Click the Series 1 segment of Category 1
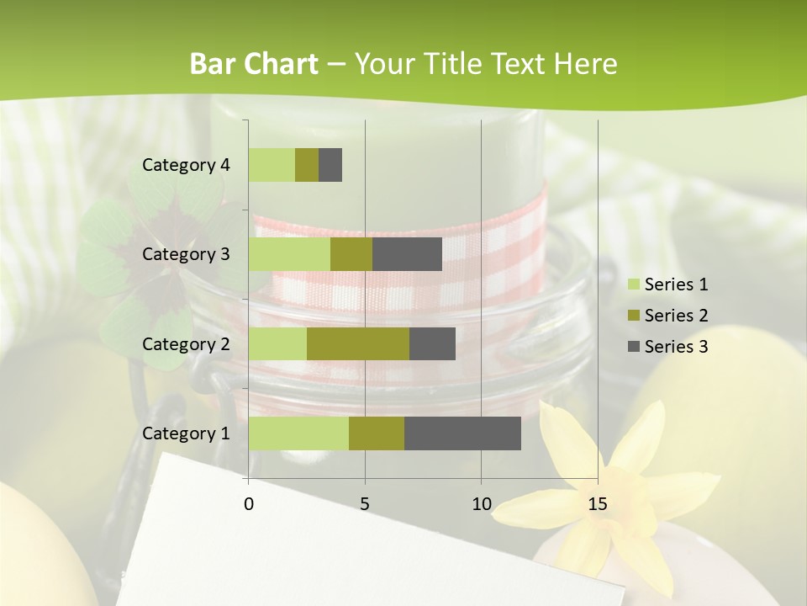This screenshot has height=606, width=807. pos(298,433)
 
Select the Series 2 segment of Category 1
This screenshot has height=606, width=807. pos(377,433)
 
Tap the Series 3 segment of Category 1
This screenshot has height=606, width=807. pos(462,433)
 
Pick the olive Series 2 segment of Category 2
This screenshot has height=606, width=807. pos(358,343)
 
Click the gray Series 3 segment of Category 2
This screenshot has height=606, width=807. pos(432,343)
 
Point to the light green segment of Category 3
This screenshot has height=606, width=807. pos(289,254)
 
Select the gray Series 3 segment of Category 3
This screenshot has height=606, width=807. pos(407,254)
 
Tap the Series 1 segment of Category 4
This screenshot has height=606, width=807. pos(272,165)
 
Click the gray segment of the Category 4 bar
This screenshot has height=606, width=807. pos(330,165)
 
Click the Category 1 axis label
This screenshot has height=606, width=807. pos(186,433)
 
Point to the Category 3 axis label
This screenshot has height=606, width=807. pos(186,254)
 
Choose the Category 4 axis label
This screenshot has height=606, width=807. pos(186,165)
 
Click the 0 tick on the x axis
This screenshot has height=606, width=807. pos(249,504)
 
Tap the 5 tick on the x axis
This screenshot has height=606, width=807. pos(365,504)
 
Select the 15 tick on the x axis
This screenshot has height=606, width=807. pos(597,504)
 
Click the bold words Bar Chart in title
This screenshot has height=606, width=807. pos(254,64)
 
